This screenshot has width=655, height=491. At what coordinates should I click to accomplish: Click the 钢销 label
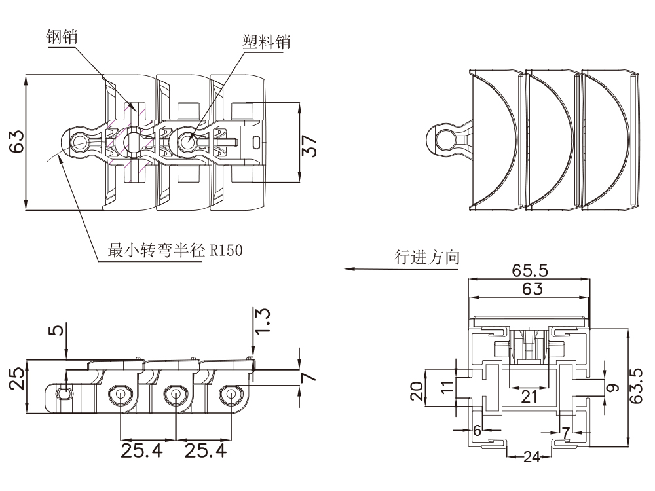(62, 37)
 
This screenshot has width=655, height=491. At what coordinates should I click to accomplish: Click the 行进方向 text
(426, 257)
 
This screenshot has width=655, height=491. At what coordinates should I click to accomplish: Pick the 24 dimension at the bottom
(531, 457)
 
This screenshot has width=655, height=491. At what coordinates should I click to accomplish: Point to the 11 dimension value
(447, 386)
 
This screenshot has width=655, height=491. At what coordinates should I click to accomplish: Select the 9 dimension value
(612, 388)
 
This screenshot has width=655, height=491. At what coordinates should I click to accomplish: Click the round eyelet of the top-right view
(445, 139)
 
